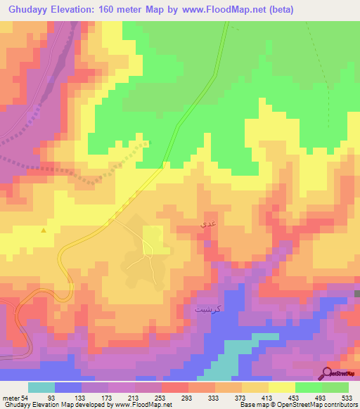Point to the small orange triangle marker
click(x=44, y=230)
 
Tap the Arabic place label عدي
click(x=209, y=223)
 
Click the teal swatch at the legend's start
click(x=41, y=388)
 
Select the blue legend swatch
click(x=68, y=388)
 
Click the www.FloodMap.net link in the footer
click(x=140, y=404)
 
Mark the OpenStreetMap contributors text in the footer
click(x=315, y=404)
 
